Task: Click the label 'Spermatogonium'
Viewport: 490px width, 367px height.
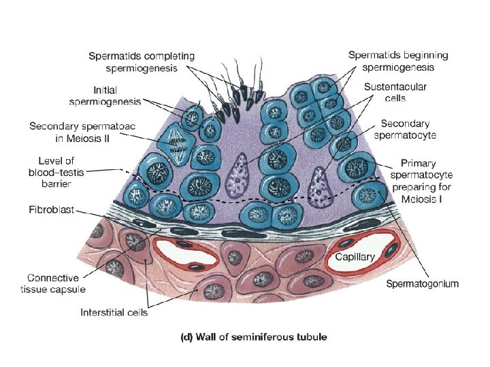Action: (x=422, y=283)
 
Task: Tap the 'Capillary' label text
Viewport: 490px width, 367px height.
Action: (x=355, y=257)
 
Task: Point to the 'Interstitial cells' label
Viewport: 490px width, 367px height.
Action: (x=114, y=313)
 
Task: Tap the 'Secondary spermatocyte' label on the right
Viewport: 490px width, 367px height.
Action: (x=408, y=129)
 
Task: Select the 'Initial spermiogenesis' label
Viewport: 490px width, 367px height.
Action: (x=105, y=95)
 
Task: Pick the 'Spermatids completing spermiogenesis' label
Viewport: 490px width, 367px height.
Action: (x=141, y=62)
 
